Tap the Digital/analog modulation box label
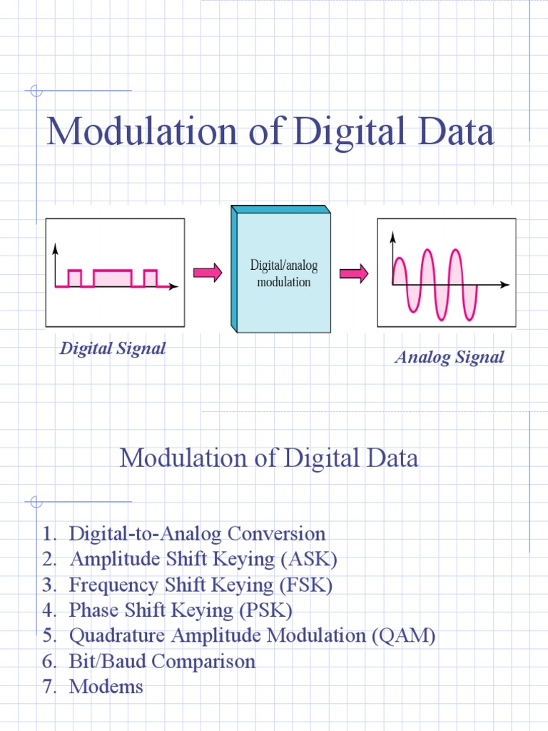283,273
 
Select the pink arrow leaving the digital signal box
208,273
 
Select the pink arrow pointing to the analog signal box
353,273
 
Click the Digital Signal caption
113,348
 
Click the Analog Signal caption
450,357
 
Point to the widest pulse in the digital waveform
113,278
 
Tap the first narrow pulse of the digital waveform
74,278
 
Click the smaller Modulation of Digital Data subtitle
269,458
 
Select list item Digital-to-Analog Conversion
197,533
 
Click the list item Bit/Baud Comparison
162,662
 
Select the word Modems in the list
106,687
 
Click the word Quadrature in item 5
116,636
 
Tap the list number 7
48,687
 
